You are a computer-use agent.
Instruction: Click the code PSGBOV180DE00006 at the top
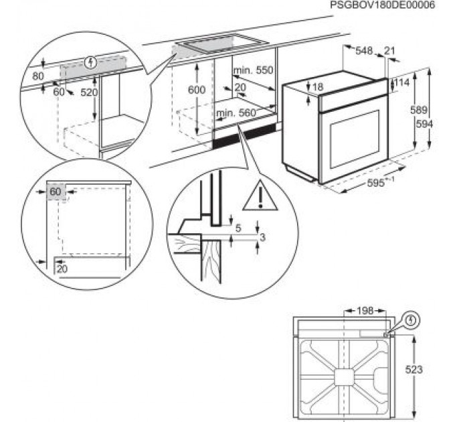coord(382,5)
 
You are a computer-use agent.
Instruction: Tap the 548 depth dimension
coord(363,50)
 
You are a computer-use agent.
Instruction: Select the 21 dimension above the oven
coord(391,50)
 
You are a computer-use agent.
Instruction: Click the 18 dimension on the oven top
coord(318,87)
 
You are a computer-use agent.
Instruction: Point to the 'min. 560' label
coord(236,113)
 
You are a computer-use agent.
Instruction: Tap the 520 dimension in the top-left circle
coord(88,92)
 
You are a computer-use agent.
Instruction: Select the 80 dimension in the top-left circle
coord(39,76)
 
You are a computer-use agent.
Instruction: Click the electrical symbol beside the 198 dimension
coord(410,321)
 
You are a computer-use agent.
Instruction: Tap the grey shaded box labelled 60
coord(55,192)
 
